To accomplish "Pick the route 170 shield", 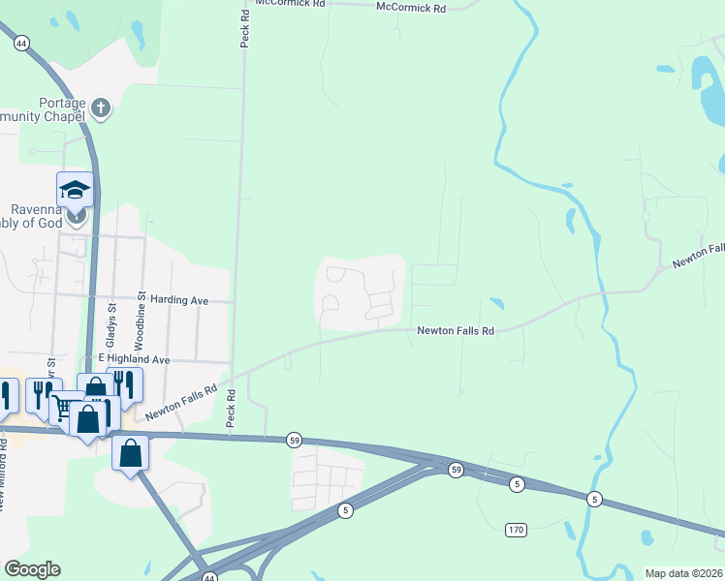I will (515, 530).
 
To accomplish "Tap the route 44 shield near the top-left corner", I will (21, 43).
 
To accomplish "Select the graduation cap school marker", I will (74, 190).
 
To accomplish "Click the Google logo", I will (32, 569).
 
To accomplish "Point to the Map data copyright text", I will (683, 573).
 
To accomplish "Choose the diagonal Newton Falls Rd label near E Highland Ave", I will (181, 400).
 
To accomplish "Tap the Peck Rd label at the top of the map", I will (246, 23).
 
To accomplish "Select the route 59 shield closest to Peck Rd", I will (294, 441).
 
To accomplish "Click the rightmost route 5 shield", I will (594, 499).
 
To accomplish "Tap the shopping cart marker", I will (63, 408).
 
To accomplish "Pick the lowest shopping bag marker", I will (130, 452).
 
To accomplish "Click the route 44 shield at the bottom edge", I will (209, 577).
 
